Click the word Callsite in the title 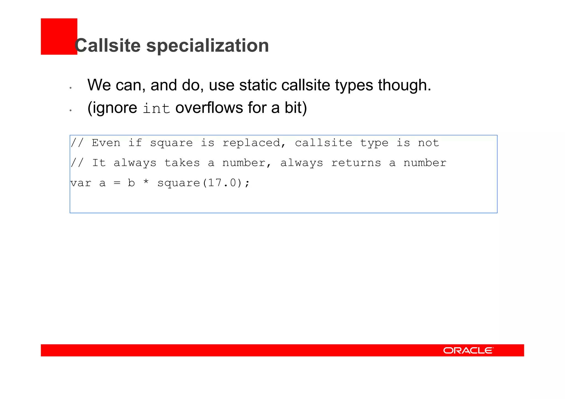pyautogui.click(x=108, y=45)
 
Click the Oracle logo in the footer pyautogui.click(x=468, y=350)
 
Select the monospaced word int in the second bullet pyautogui.click(x=156, y=108)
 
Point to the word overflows pyautogui.click(x=209, y=108)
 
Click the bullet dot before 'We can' pyautogui.click(x=71, y=88)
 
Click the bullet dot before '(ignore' pyautogui.click(x=71, y=110)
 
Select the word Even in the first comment pyautogui.click(x=106, y=143)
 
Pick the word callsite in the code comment pyautogui.click(x=323, y=143)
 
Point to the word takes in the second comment pyautogui.click(x=182, y=163)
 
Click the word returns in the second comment pyautogui.click(x=356, y=163)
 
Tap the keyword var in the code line pyautogui.click(x=81, y=183)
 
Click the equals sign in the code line pyautogui.click(x=117, y=183)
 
